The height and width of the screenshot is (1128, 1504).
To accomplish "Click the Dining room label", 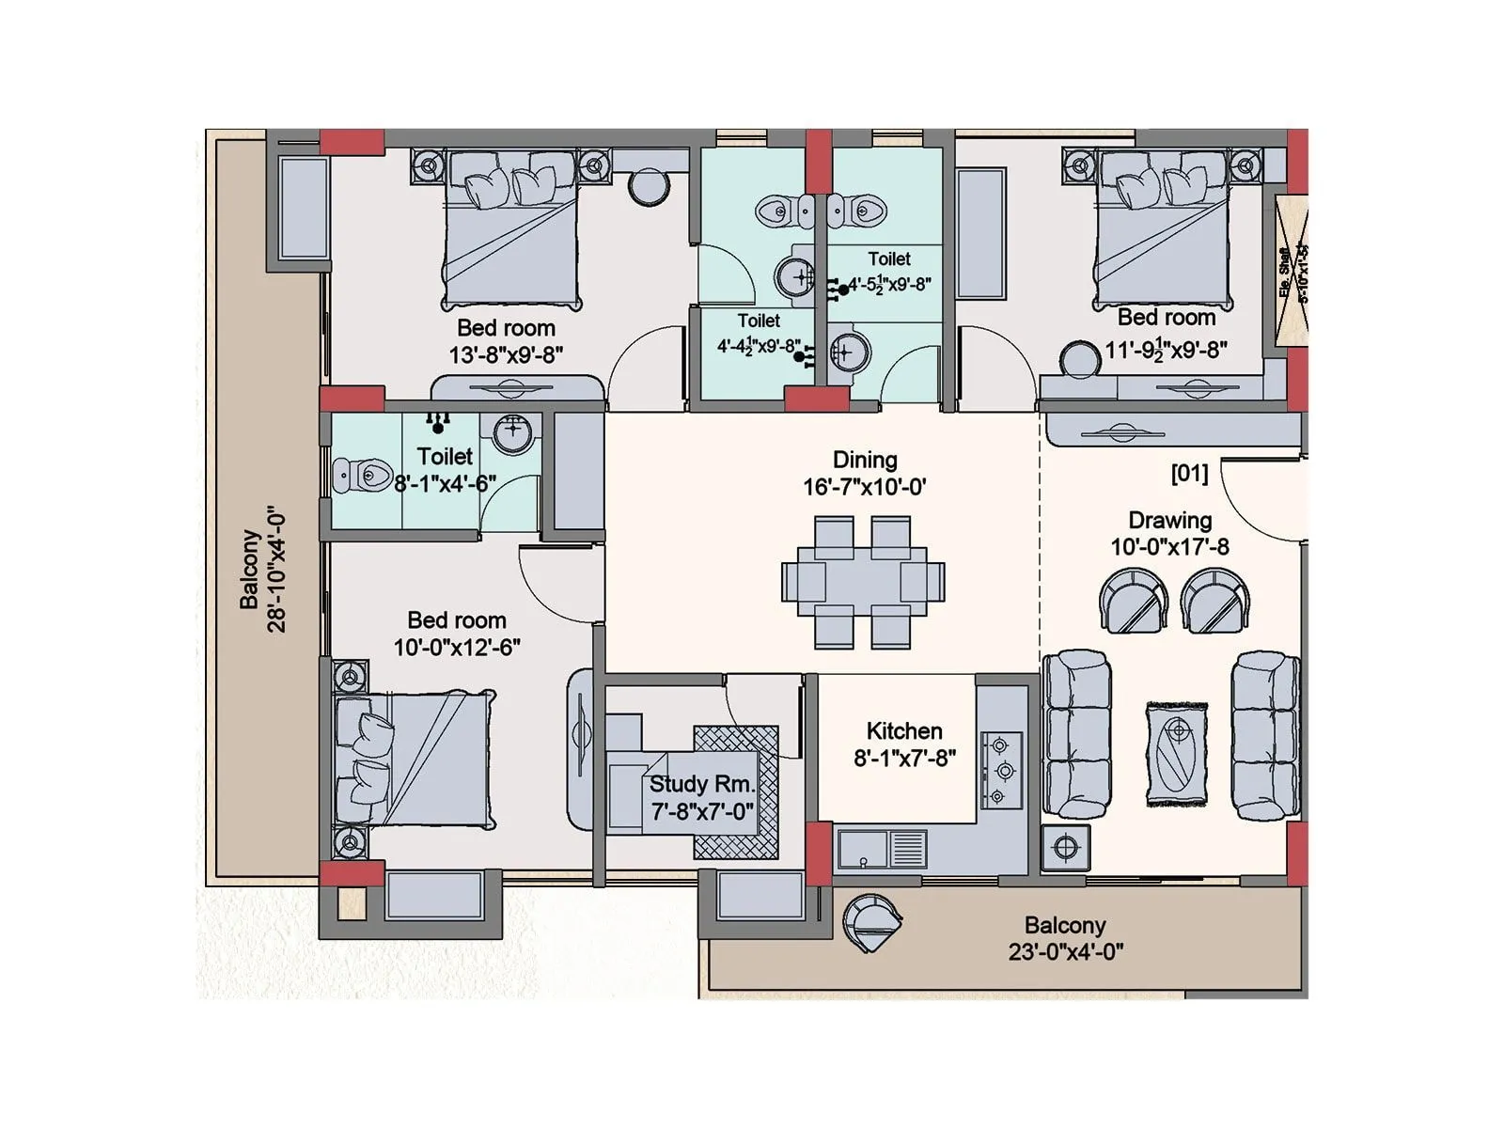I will coord(865,460).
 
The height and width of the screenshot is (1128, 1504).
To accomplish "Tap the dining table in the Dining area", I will coord(863,582).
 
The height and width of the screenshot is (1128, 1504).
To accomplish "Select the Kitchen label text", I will coord(904,730).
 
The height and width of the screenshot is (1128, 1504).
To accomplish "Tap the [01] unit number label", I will coord(1189,473).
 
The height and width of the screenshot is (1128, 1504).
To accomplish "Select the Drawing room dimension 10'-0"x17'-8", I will coord(1169,547).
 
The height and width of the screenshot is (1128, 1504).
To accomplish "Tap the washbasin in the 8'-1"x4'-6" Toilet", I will coord(512,433).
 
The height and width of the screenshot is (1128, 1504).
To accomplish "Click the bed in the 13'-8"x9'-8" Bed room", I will coord(510,235).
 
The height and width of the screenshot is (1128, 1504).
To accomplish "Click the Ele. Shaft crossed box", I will coord(1291,273).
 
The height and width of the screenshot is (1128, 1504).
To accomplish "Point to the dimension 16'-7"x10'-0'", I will coord(865,487).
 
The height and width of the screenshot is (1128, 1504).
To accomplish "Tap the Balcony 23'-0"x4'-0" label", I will coord(1065,938).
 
